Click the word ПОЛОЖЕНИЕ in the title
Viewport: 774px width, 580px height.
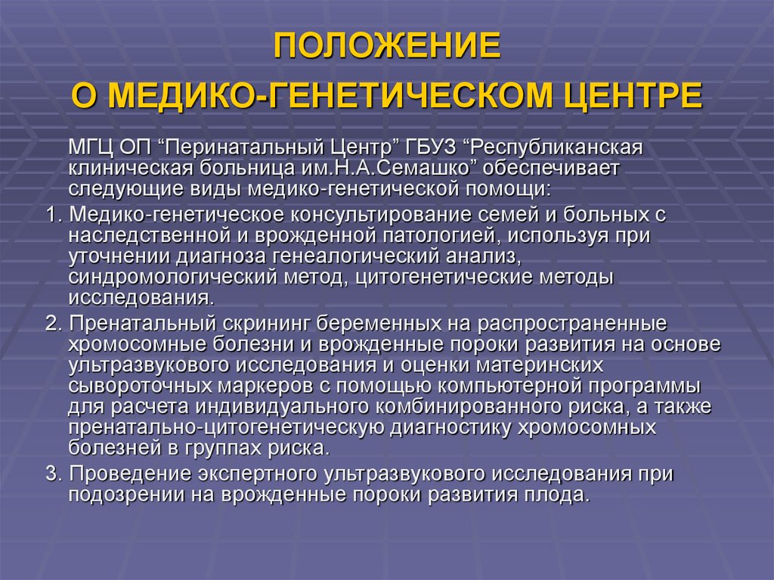pyautogui.click(x=386, y=47)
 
